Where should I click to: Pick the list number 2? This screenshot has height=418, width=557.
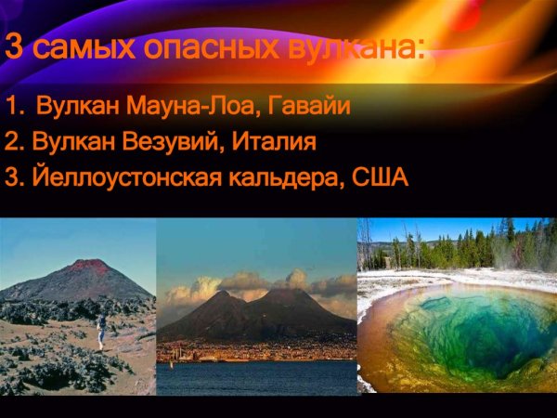(12, 142)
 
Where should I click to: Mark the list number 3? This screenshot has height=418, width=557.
(12, 176)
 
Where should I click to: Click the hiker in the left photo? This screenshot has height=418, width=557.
(100, 328)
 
